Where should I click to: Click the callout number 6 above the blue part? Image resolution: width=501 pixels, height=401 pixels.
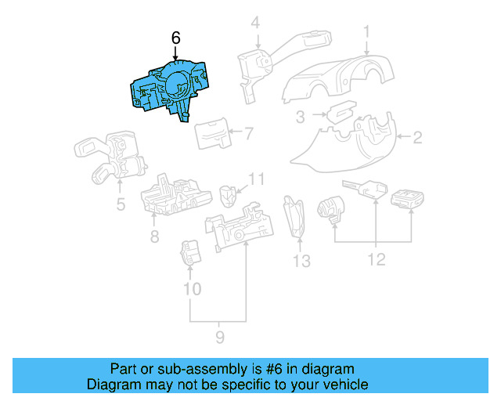[175, 38]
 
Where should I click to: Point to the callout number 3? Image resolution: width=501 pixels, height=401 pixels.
[300, 118]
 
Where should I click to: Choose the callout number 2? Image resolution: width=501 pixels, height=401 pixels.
[417, 139]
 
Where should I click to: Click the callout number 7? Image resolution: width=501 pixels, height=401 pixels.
[248, 133]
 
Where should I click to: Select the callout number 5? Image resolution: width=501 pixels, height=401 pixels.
[120, 206]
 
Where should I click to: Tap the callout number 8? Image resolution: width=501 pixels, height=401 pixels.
[154, 235]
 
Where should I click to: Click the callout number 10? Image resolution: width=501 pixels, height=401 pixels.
[192, 289]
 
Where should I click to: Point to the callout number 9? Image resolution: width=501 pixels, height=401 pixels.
[220, 337]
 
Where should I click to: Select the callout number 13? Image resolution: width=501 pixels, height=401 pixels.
[301, 260]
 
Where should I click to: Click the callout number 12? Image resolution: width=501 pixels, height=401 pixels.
[377, 259]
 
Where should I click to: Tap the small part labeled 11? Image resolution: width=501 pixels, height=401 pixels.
[228, 193]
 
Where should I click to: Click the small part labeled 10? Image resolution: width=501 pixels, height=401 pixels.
[191, 254]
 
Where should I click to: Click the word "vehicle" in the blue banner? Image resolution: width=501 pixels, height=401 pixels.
[342, 385]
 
